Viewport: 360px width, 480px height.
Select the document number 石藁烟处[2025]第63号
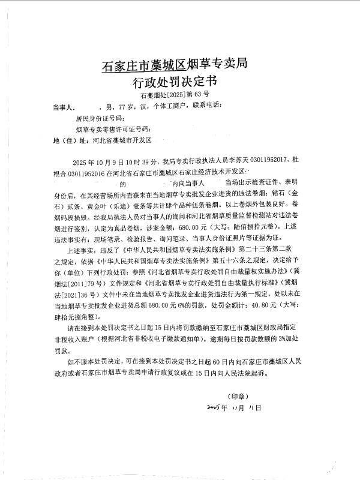click(175, 95)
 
